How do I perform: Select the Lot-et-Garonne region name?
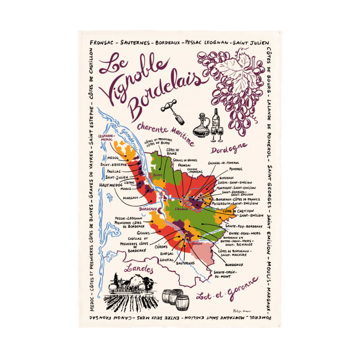228,290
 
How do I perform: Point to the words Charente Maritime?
166,132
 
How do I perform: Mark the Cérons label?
161,247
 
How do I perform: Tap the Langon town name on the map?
197,244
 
